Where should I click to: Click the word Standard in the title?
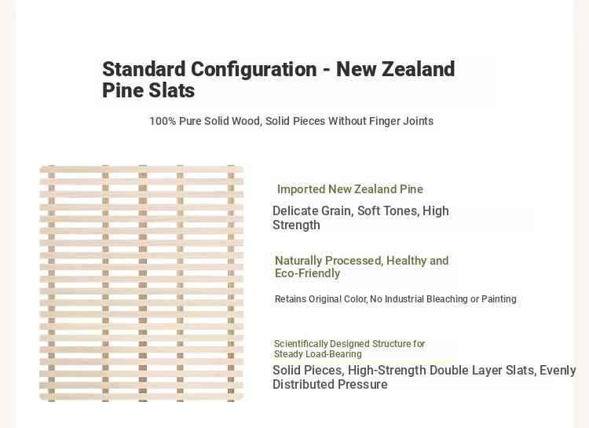[144, 69]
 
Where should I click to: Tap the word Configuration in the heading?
[254, 69]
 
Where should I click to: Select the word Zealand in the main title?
[419, 69]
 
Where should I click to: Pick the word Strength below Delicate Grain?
[296, 225]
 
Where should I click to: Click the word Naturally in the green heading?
[298, 261]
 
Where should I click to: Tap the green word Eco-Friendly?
[307, 273]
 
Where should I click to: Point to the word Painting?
[499, 299]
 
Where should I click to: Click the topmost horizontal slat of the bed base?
[141, 170]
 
